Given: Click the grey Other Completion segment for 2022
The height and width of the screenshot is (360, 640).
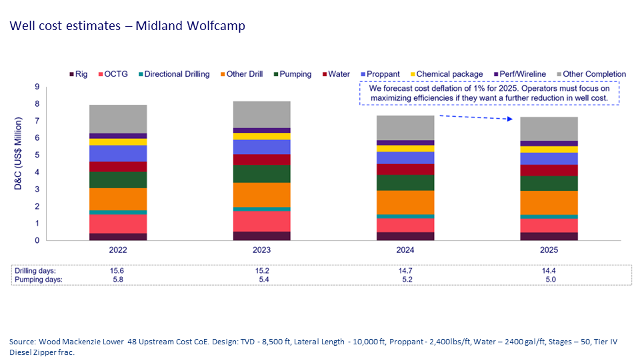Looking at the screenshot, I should point(118,119).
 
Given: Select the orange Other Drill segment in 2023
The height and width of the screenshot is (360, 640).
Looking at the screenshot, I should point(262,195).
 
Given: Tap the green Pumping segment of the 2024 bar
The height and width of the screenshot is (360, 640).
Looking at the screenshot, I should point(405,182).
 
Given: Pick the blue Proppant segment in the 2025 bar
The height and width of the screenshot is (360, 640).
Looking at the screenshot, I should point(549,159).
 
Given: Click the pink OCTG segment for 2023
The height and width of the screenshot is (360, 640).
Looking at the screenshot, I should point(262,221).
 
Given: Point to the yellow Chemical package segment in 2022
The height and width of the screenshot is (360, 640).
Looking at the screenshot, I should point(118,142).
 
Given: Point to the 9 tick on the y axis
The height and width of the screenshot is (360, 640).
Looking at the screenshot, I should point(37,87).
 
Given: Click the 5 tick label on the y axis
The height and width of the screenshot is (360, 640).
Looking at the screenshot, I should point(37,155).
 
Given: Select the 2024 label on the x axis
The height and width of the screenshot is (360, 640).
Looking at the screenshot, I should point(405,250).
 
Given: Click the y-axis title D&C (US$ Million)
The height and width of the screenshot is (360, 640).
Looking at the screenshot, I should point(18,153).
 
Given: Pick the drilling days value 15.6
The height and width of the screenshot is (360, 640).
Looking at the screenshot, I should point(117,271).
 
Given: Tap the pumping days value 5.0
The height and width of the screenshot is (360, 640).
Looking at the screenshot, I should point(550,280).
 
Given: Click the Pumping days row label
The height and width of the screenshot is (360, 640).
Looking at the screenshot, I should point(38,280).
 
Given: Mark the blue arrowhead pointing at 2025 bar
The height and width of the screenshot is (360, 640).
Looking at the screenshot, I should point(510,119).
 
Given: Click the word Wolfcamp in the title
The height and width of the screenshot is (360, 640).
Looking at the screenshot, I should point(216,26).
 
